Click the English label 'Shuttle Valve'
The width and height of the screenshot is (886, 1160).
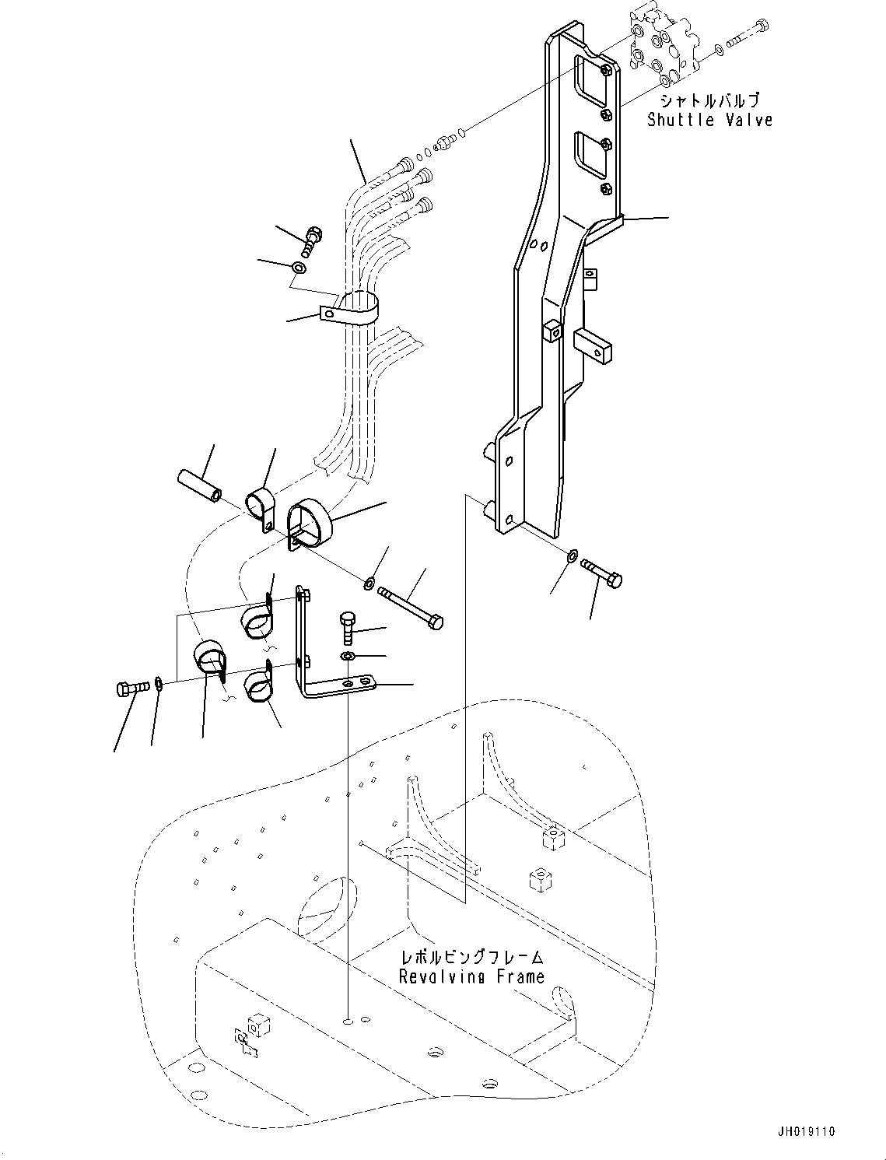709,120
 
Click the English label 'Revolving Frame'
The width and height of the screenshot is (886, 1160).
471,976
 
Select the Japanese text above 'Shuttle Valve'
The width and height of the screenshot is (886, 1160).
709,100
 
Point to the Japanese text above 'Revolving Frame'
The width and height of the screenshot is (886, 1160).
471,957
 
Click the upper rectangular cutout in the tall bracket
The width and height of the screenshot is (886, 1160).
592,81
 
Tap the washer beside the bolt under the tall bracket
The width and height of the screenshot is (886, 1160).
573,555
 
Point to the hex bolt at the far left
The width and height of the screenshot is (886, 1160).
131,689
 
